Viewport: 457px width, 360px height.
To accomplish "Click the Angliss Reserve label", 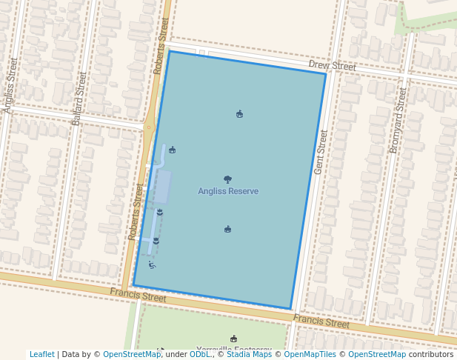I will (x=228, y=191).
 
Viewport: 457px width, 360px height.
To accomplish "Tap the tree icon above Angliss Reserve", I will (x=227, y=179).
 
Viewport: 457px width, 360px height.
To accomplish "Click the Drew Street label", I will (x=332, y=66).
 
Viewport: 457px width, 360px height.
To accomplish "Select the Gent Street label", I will (x=321, y=153).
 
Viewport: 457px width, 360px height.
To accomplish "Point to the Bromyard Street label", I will (x=398, y=120).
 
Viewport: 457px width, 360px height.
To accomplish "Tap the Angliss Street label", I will (x=10, y=85).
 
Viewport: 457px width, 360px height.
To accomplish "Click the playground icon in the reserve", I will (x=152, y=264).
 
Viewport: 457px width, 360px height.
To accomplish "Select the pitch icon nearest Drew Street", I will (x=239, y=114).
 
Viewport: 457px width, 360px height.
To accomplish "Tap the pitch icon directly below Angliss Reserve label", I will (x=227, y=230).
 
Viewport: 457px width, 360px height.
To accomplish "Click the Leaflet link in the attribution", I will (x=42, y=354).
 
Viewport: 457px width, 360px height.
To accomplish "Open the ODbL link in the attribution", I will (x=199, y=354).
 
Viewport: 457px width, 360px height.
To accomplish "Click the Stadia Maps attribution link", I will (x=249, y=354).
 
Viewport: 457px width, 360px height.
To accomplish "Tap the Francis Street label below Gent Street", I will (x=321, y=322).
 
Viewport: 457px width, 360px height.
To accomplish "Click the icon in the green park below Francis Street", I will (x=234, y=339).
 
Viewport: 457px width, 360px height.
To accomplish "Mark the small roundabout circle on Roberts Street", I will (x=149, y=127).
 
